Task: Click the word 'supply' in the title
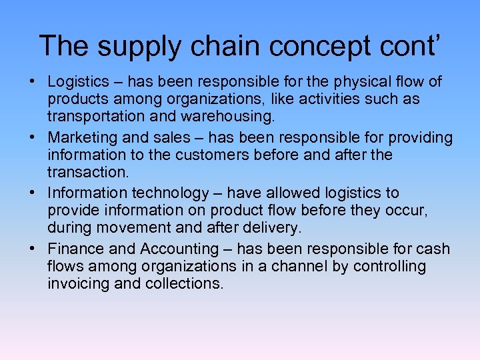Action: click(137, 47)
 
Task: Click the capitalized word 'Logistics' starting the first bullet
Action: click(78, 82)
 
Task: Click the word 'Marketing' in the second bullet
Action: click(80, 138)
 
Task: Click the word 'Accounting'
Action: click(179, 249)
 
